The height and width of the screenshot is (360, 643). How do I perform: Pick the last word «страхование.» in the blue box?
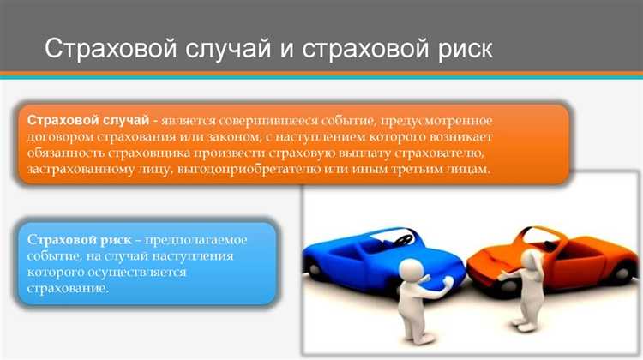tap(68, 289)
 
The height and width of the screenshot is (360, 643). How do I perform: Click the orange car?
tap(557, 253)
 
